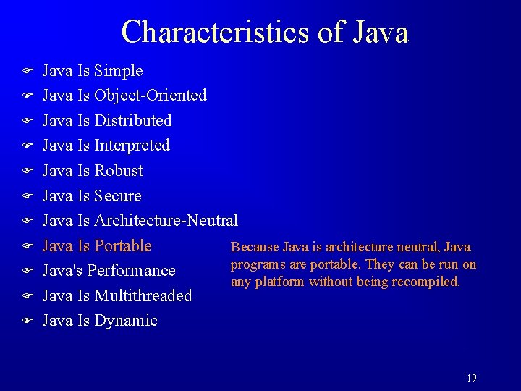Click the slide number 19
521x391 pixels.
[x=471, y=378]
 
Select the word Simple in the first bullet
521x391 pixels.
[x=119, y=71]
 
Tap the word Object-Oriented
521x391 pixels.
[x=151, y=96]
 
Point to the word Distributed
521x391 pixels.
[x=133, y=121]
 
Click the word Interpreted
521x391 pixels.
[x=132, y=146]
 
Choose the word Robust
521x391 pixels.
[x=119, y=171]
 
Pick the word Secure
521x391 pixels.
[x=118, y=196]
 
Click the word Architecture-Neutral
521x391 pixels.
[x=166, y=221]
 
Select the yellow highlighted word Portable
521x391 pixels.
[x=122, y=246]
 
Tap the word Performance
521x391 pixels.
[x=135, y=271]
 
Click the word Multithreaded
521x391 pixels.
[x=143, y=296]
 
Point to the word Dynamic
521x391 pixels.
[x=126, y=321]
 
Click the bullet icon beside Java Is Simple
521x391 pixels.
[x=25, y=71]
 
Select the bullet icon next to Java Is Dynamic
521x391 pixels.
[x=25, y=320]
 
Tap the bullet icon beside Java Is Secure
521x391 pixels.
[x=25, y=195]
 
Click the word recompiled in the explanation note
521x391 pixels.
[x=428, y=282]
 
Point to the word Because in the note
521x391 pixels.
[x=254, y=248]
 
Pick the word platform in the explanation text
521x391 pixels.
[x=281, y=282]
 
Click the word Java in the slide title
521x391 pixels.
[x=381, y=32]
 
